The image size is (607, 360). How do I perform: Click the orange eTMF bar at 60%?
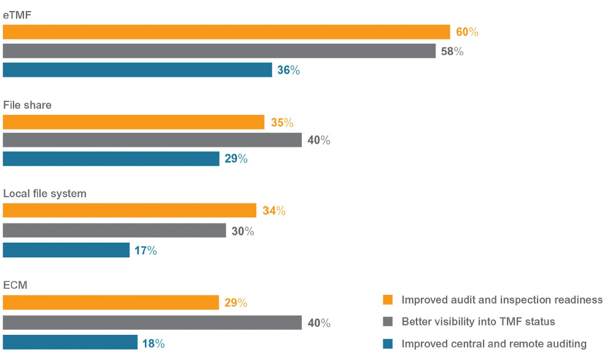coord(226,32)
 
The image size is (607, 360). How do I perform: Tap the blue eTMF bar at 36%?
coord(137,70)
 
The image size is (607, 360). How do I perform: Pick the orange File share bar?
coord(133,122)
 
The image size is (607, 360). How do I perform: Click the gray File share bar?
coord(152,140)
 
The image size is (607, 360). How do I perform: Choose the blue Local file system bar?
coord(66,250)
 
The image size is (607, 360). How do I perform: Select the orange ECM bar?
coord(111,302)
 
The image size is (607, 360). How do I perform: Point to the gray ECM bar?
coord(152,323)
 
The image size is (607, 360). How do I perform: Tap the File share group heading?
coord(28,105)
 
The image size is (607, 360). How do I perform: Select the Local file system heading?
coord(45,194)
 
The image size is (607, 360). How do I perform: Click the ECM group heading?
coord(15,285)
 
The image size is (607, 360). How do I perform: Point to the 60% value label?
coord(467,32)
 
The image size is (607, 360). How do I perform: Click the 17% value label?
coord(146,251)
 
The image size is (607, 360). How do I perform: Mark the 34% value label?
coord(274,211)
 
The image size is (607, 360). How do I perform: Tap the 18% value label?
coord(154,344)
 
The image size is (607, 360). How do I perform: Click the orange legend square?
coord(387,300)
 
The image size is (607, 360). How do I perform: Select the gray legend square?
coord(387,322)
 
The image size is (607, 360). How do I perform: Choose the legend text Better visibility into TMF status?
coord(478,322)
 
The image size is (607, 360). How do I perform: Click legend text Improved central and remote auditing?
coord(494,344)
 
